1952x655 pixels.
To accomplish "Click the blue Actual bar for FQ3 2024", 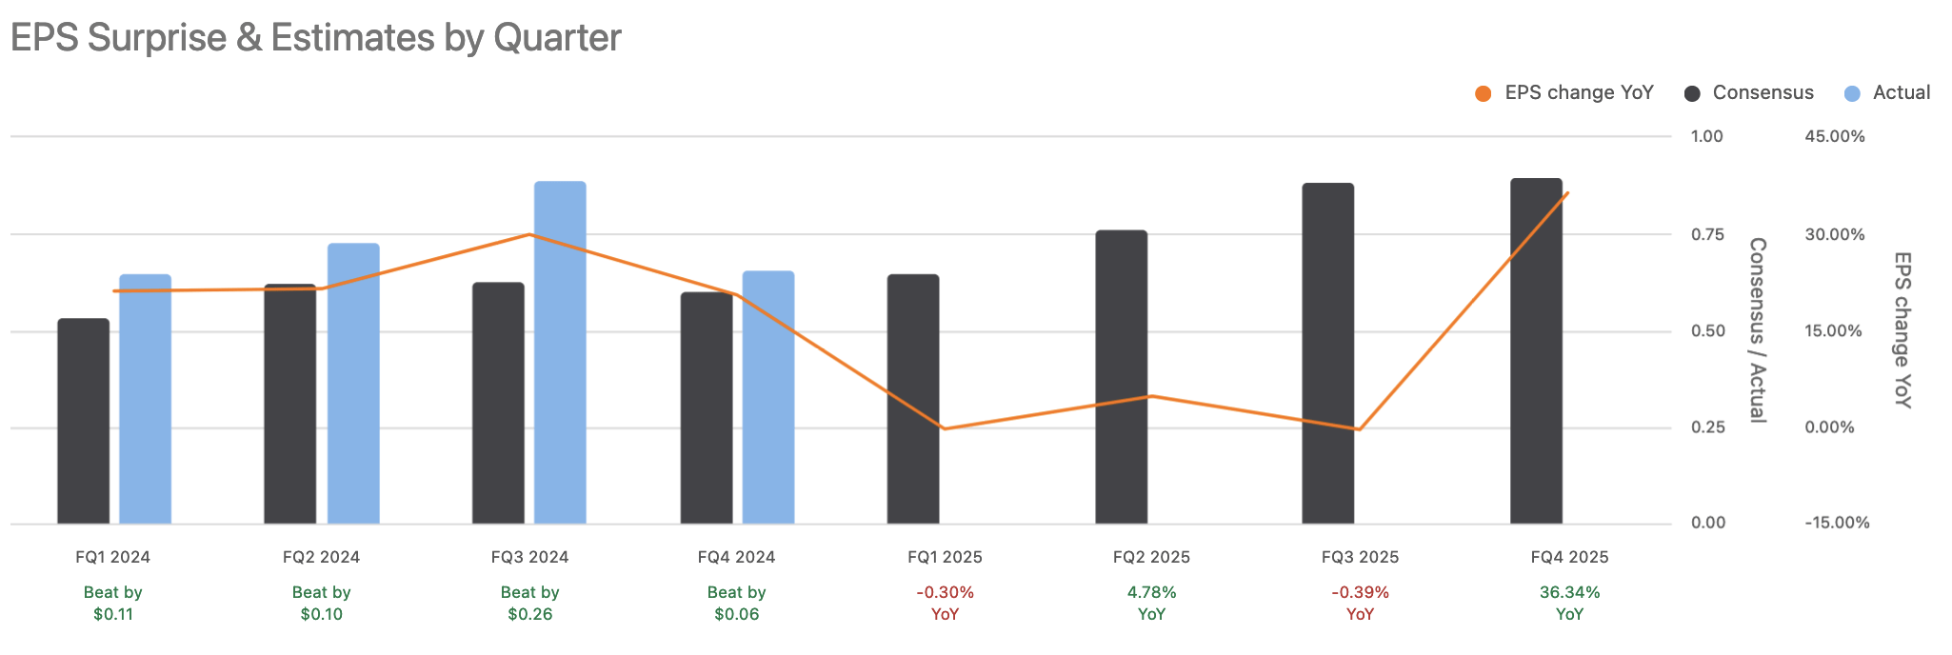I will tap(560, 352).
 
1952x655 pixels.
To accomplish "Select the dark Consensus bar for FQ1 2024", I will tap(83, 421).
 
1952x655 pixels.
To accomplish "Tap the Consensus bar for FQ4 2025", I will tap(1536, 351).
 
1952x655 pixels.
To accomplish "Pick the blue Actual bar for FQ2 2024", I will tap(353, 384).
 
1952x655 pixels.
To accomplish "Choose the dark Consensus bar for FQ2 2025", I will tap(1121, 377).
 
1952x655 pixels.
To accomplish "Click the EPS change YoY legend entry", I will tap(1564, 93).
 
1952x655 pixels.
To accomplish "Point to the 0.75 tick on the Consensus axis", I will tap(1707, 235).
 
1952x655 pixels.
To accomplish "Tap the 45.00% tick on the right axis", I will tap(1834, 137).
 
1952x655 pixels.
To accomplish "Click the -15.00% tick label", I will tap(1837, 523).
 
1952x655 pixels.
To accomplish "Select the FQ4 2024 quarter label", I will tap(736, 557).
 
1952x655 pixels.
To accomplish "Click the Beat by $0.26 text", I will tap(529, 604).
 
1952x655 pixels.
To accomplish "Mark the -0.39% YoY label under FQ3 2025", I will tap(1360, 604).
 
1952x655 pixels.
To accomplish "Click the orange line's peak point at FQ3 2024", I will tap(530, 234).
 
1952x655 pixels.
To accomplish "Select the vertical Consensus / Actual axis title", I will tap(1758, 329).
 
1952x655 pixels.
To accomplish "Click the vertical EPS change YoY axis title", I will tap(1902, 329).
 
